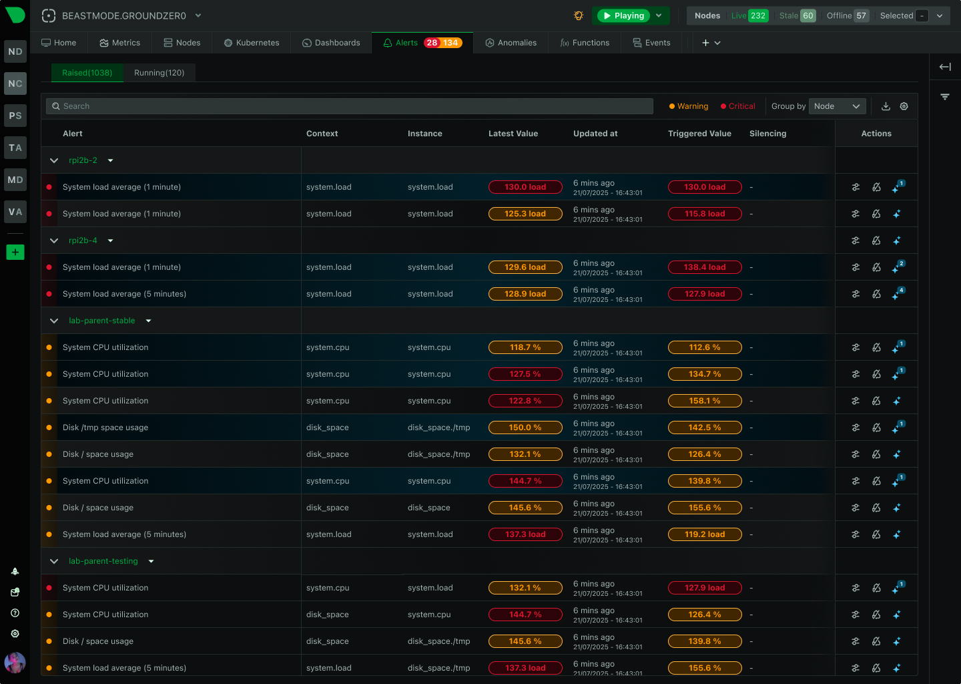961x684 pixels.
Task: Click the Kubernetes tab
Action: (x=252, y=43)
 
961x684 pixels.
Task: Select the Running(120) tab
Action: (x=159, y=73)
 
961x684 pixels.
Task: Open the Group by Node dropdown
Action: (x=837, y=106)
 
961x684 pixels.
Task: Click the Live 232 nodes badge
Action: (x=749, y=15)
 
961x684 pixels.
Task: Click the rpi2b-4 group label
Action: (x=83, y=240)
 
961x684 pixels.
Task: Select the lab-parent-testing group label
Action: (x=103, y=561)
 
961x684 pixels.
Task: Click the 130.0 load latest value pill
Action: (x=525, y=187)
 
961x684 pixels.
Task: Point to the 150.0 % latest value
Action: (x=525, y=427)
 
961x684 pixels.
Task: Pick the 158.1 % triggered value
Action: (x=705, y=401)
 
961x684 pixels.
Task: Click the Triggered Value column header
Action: (x=699, y=134)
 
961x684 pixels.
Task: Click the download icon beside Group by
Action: (x=886, y=106)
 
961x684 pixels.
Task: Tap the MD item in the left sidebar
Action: (x=15, y=180)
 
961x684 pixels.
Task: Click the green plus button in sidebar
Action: (x=15, y=252)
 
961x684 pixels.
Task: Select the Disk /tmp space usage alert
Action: (x=105, y=427)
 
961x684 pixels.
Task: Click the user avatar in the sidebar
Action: (x=15, y=663)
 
